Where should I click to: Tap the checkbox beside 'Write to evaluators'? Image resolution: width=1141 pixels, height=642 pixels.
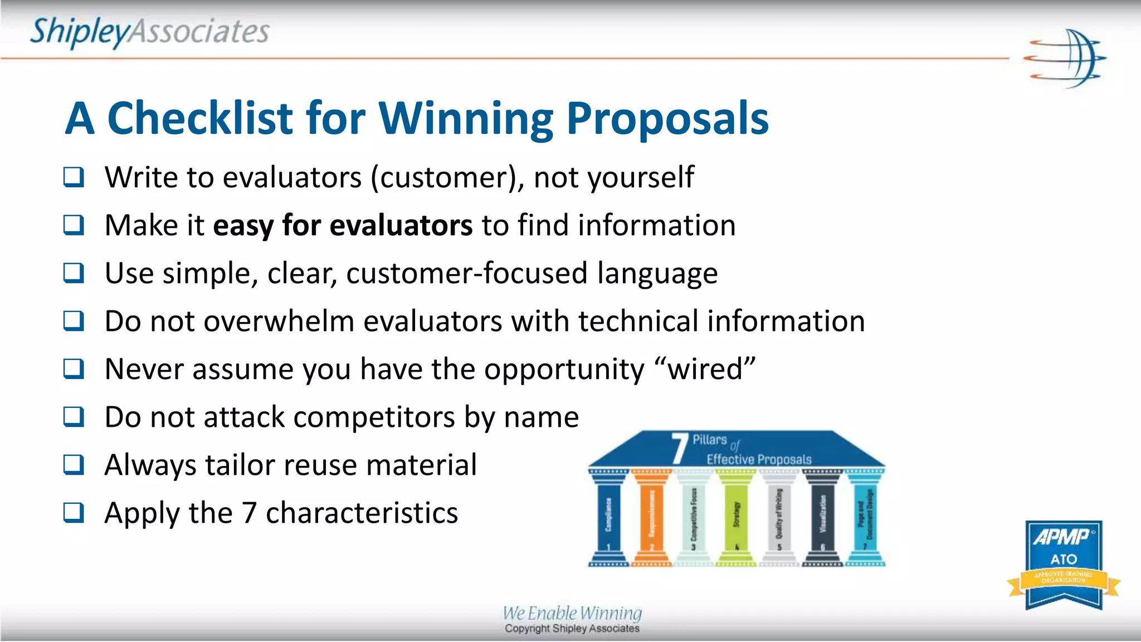click(x=74, y=178)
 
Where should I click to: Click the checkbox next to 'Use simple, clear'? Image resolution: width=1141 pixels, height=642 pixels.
click(x=74, y=274)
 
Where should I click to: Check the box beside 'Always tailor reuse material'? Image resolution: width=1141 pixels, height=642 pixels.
click(x=74, y=465)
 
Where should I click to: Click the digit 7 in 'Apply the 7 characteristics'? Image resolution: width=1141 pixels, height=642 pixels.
click(x=248, y=513)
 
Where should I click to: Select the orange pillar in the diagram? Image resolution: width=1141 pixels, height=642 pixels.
click(x=651, y=518)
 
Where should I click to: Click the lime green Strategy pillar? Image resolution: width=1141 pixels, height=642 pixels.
click(x=736, y=518)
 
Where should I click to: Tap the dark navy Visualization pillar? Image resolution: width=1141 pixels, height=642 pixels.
click(x=822, y=518)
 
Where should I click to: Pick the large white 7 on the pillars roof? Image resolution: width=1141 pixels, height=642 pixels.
click(x=679, y=449)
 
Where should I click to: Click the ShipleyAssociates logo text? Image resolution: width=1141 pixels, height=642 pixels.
click(x=149, y=31)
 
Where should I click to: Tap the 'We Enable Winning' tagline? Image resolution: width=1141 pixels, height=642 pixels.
click(x=572, y=613)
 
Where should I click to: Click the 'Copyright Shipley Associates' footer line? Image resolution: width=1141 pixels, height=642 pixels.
click(x=572, y=629)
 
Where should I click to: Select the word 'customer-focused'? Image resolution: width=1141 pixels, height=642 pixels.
click(x=466, y=274)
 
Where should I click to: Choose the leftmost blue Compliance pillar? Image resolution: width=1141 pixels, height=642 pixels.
click(x=608, y=518)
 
